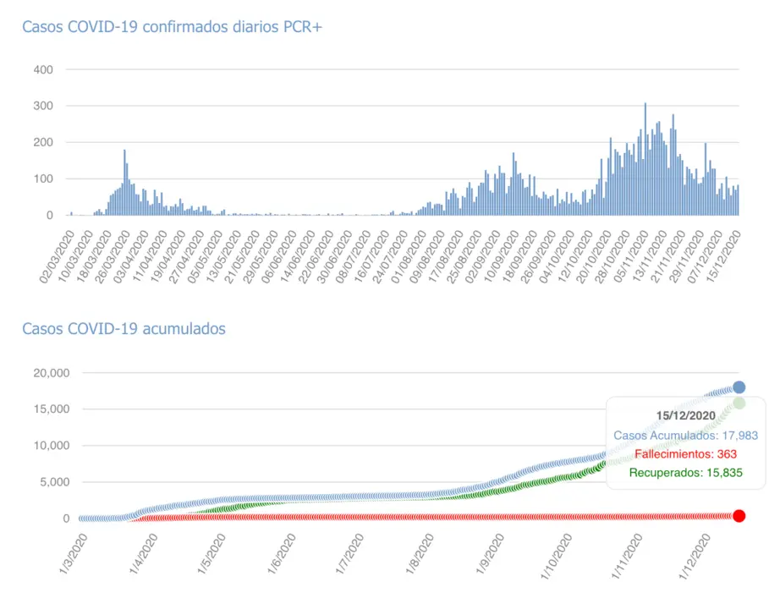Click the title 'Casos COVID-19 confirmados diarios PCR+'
173,27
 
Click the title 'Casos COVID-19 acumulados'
124,328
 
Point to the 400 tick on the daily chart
43,69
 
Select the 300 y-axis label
43,106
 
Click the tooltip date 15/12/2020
686,414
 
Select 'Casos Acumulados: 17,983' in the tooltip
686,435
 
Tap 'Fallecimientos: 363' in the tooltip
686,453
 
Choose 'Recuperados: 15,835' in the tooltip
686,472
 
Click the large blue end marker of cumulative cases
739,387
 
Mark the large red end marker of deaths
739,516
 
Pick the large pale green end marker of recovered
739,403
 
